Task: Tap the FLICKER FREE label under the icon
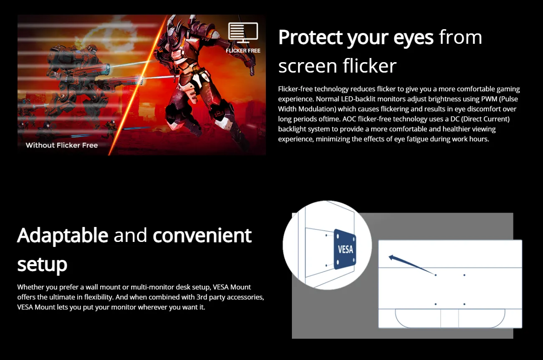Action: pyautogui.click(x=243, y=51)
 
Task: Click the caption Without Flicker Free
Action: pyautogui.click(x=62, y=145)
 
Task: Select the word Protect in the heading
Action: pyautogui.click(x=310, y=38)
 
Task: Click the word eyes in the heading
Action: pyautogui.click(x=414, y=38)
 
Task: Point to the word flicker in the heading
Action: pyautogui.click(x=369, y=66)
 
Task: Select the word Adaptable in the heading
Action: pyautogui.click(x=63, y=235)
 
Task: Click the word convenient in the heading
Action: pyautogui.click(x=202, y=235)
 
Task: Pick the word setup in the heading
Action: pyautogui.click(x=42, y=264)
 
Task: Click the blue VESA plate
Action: pyautogui.click(x=345, y=249)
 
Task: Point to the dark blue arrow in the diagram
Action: pyautogui.click(x=411, y=265)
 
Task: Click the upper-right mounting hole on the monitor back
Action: pyautogui.click(x=464, y=275)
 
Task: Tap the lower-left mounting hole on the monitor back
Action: pyautogui.click(x=435, y=304)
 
